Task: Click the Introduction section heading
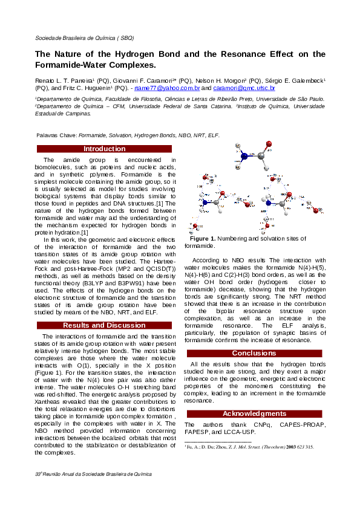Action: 104,149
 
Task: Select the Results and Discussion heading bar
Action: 104,325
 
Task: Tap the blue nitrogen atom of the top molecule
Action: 244,156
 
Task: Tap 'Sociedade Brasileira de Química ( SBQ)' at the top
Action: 84,37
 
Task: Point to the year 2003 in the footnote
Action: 291,447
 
